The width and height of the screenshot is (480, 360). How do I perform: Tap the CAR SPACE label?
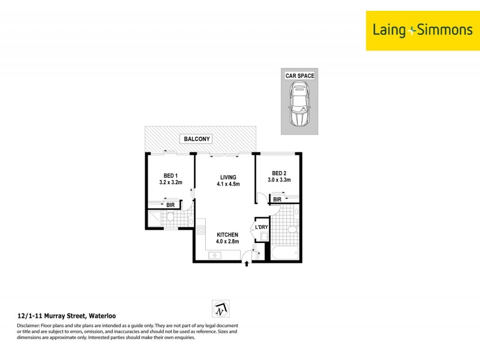pyautogui.click(x=299, y=76)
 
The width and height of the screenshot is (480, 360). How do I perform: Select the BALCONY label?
pyautogui.click(x=197, y=139)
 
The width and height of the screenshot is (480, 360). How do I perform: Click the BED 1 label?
pyautogui.click(x=170, y=175)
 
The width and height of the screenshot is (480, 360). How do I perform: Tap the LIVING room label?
pyautogui.click(x=228, y=177)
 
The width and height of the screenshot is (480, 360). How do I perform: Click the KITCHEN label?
pyautogui.click(x=227, y=235)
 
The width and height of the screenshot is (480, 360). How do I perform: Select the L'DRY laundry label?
pyautogui.click(x=262, y=227)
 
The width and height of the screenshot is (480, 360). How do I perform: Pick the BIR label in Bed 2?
pyautogui.click(x=277, y=200)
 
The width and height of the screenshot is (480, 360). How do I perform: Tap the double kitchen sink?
pyautogui.click(x=214, y=256)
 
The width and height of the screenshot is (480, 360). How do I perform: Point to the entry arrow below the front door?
pyautogui.click(x=247, y=264)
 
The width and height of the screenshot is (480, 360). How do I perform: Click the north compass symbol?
pyautogui.click(x=220, y=308)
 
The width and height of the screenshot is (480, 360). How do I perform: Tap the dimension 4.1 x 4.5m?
pyautogui.click(x=228, y=184)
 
